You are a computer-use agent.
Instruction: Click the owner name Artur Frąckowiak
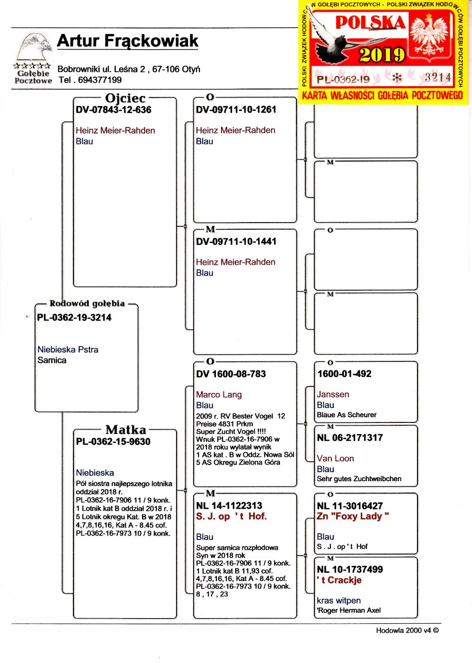point(127,41)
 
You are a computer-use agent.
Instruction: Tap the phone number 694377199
point(99,80)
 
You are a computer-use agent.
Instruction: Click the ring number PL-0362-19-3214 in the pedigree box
point(74,318)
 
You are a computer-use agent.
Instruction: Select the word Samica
point(52,360)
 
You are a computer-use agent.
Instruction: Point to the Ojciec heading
point(125,98)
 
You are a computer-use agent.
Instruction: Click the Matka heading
point(125,430)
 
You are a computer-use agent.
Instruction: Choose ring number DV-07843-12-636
point(114,110)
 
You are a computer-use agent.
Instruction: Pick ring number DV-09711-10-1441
point(236,242)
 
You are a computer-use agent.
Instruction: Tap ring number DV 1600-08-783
point(231,374)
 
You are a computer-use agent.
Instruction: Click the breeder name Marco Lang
point(219,394)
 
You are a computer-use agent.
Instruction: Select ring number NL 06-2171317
point(350,438)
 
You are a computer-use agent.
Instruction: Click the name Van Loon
point(335,458)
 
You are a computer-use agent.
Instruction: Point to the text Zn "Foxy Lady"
point(353,517)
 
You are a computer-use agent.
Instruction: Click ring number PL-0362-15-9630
point(113,442)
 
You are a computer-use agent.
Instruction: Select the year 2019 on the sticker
point(382,55)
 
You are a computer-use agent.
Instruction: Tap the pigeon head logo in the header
point(34,48)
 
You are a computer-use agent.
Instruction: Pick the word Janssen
point(333,394)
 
